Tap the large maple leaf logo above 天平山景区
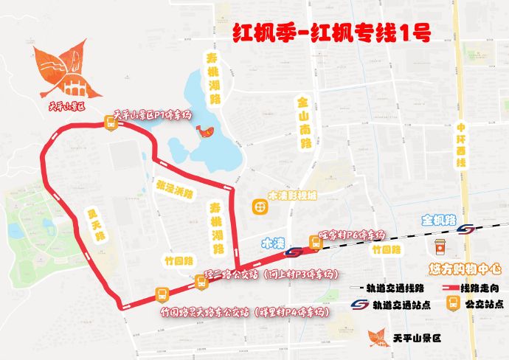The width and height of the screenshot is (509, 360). (63, 70)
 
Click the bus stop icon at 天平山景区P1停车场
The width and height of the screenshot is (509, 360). (110, 123)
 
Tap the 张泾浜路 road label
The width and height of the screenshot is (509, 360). (174, 189)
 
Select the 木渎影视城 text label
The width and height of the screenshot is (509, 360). (292, 197)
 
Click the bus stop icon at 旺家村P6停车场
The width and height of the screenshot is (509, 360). (314, 240)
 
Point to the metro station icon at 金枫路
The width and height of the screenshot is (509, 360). (465, 229)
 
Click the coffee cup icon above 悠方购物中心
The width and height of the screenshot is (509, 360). (440, 246)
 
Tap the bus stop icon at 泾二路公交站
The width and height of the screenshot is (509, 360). (200, 280)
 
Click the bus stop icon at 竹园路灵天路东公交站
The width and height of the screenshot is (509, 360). (160, 294)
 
